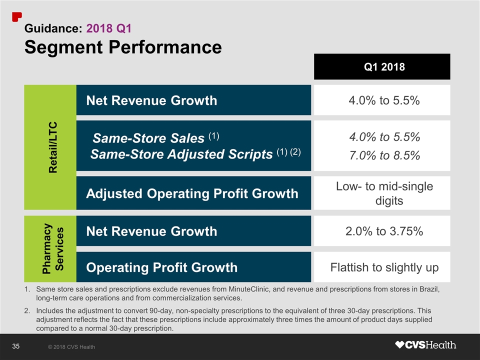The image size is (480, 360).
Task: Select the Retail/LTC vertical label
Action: pos(52,147)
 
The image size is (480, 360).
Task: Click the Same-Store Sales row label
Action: pos(149,137)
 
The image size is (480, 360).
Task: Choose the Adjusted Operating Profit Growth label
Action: pos(192,193)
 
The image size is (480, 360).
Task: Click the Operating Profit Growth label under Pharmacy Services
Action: pos(162,267)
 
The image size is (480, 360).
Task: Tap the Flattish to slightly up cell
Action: pos(384,267)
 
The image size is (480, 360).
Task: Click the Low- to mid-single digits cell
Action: pos(383,193)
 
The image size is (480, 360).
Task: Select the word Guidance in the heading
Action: pos(52,28)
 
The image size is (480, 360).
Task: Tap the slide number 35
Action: pos(15,346)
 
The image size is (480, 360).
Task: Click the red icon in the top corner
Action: pos(17,15)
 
